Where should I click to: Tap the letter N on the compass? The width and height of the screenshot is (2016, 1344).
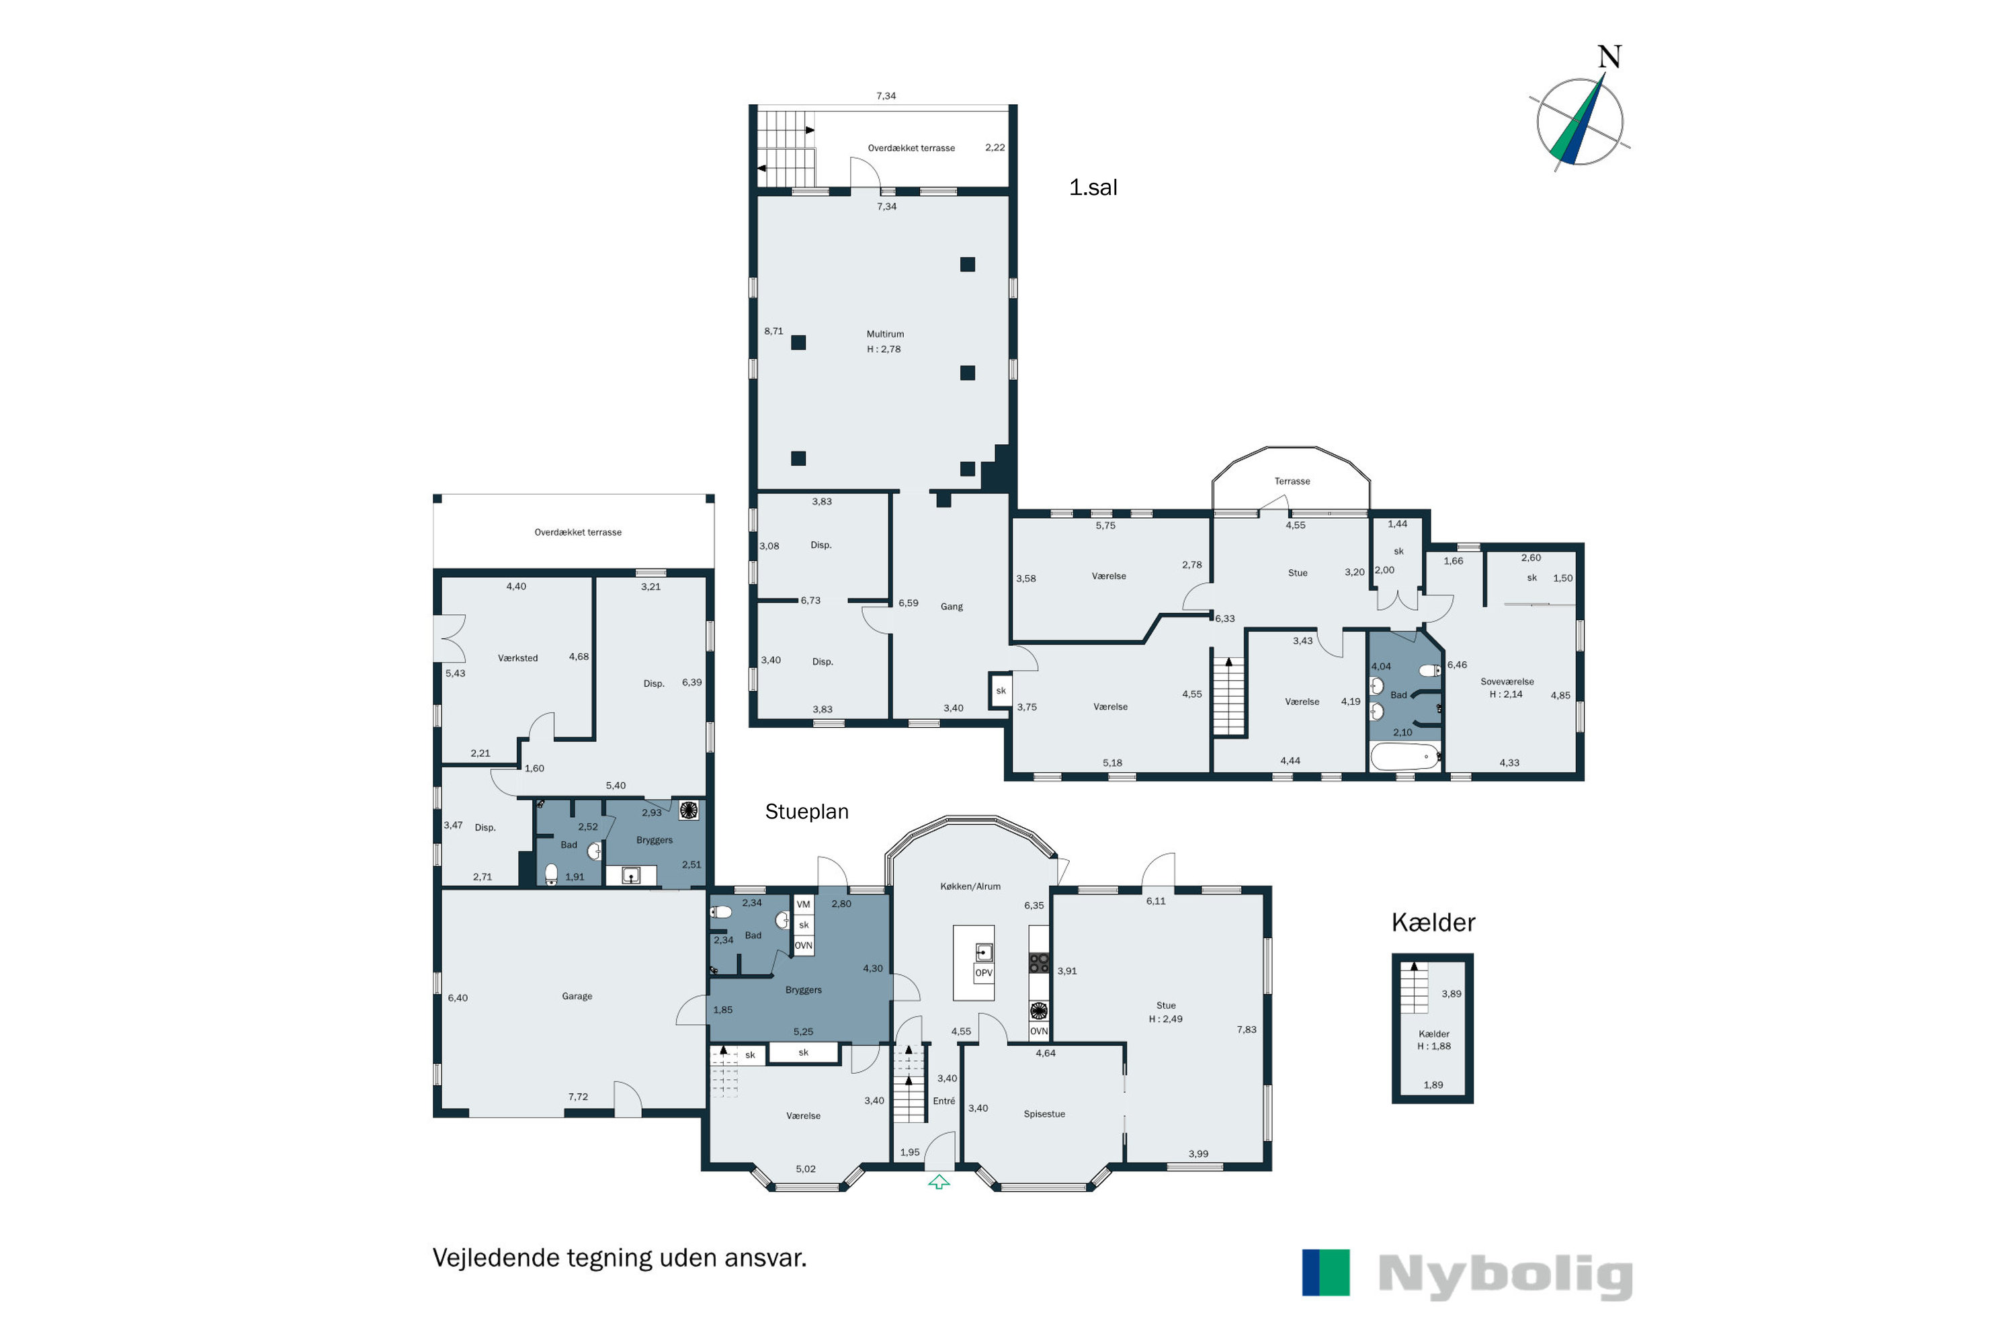1609,57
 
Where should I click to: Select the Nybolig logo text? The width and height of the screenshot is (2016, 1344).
1505,1275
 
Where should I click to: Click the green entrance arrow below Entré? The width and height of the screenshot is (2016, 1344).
939,1182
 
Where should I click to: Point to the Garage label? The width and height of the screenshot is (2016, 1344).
577,996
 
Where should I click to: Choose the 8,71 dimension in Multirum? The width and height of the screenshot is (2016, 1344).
773,331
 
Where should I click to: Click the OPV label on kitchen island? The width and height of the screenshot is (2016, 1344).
983,973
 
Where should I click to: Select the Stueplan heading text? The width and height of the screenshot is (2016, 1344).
806,812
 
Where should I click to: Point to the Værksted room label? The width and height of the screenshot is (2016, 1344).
517,659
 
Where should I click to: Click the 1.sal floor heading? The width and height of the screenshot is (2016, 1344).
1093,187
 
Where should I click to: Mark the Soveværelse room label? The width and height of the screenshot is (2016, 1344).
1507,682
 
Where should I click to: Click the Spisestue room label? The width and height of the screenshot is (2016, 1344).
1044,1114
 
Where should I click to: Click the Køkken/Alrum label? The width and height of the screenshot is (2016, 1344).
970,886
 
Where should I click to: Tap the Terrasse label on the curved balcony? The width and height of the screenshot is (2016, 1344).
1292,481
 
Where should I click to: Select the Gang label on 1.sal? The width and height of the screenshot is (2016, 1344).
952,607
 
